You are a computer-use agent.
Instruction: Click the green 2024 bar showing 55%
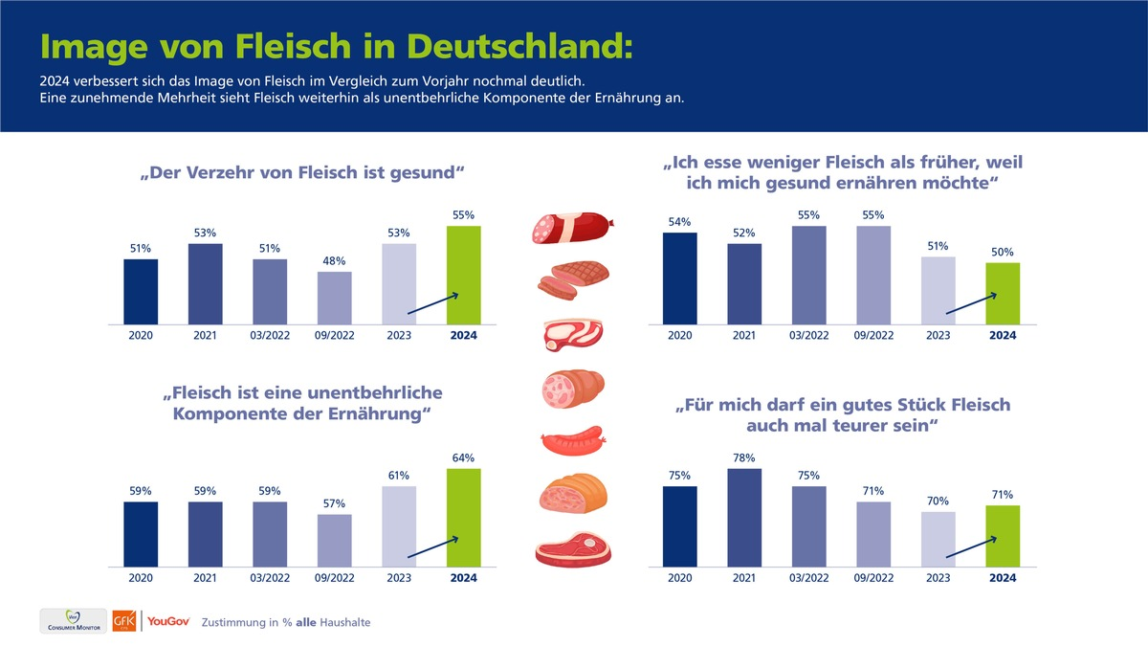(463, 276)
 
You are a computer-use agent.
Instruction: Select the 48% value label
(334, 261)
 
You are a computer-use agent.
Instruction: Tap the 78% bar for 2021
(744, 517)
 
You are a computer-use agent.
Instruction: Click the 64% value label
(463, 458)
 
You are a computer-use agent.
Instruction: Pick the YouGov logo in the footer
(168, 621)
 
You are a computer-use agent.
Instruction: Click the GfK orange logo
(124, 621)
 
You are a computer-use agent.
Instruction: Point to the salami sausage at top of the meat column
(571, 228)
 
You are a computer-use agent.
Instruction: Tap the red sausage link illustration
(571, 443)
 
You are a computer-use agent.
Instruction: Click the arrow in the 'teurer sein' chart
(971, 547)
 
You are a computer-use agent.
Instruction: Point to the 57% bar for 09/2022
(334, 541)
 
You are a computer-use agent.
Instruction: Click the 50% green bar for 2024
(1003, 294)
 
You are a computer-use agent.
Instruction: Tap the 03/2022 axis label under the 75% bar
(808, 578)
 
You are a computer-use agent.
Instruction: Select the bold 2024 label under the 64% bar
(463, 578)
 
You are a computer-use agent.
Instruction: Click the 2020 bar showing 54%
(679, 278)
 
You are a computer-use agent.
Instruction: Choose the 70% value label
(938, 501)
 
